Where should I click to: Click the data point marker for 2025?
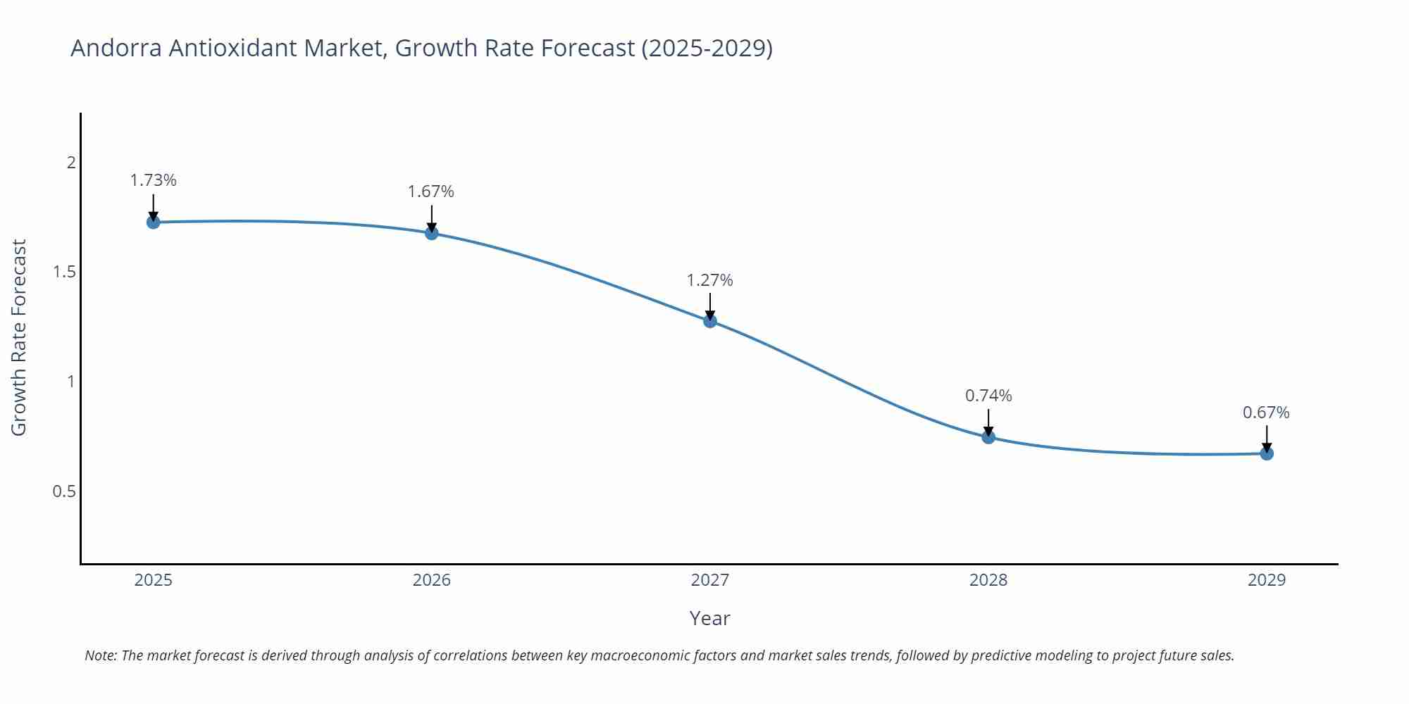[x=153, y=222]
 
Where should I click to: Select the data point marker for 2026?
[x=431, y=233]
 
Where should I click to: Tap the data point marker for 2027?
[x=709, y=321]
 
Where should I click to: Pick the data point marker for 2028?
[x=988, y=437]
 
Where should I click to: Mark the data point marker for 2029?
[x=1266, y=453]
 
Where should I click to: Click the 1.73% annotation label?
[x=153, y=180]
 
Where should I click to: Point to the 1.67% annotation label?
[x=431, y=191]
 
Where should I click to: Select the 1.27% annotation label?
[x=709, y=280]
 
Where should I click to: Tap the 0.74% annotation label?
[x=988, y=396]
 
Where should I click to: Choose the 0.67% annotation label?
[x=1266, y=413]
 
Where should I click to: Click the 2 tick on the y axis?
[x=70, y=163]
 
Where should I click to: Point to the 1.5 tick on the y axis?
[x=64, y=272]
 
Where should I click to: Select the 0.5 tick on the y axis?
[x=64, y=491]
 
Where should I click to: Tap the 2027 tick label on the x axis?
[x=709, y=580]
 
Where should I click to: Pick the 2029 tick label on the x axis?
[x=1266, y=580]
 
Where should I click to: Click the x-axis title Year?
[x=709, y=618]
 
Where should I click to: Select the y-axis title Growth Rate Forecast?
[x=19, y=337]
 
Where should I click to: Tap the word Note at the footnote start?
[x=101, y=655]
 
